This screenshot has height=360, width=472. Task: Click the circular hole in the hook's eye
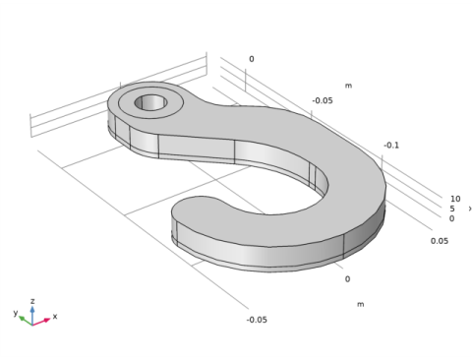coord(150,102)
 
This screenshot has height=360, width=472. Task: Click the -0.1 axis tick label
coord(391,146)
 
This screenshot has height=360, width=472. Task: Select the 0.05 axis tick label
coord(440,241)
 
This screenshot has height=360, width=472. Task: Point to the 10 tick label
coord(455,199)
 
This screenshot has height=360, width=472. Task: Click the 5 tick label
coord(452,209)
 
